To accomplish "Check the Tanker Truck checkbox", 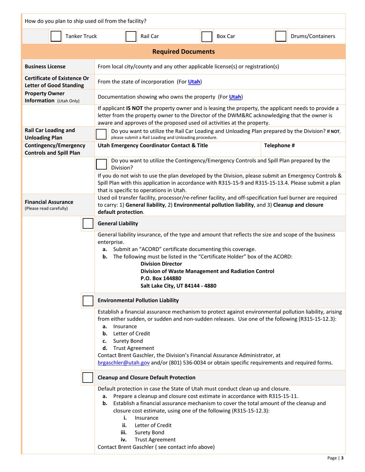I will pos(56,36).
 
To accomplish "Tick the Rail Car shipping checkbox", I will pos(131,36).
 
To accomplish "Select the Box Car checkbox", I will pos(207,36).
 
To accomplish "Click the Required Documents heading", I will pos(184,51).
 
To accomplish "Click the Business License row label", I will pos(45,66).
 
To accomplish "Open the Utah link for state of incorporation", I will pos(194,81).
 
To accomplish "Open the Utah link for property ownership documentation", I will pos(235,96).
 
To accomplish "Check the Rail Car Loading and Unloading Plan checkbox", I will pos(101,134).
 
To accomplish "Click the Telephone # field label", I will pos(279,145).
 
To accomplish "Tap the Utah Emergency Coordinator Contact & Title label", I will pos(153,145).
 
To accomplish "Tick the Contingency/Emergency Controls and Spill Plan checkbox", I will pos(101,163).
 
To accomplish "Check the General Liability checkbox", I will pos(88,223).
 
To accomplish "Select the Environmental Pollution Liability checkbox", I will pos(88,300).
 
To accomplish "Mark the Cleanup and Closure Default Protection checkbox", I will pos(88,378).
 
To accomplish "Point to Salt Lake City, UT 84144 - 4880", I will pos(178,286).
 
